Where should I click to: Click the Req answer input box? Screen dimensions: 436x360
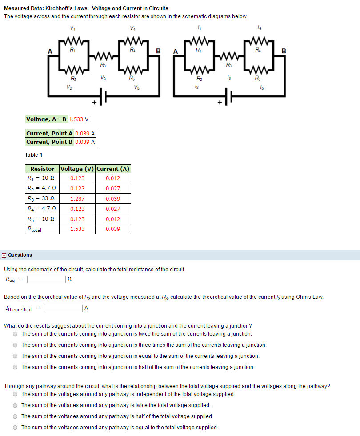tap(46, 280)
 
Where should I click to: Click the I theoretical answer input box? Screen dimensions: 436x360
tap(63, 308)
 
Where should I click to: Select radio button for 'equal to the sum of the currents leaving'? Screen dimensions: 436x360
tap(16, 356)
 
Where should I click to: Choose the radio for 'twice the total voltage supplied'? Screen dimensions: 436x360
tap(16, 405)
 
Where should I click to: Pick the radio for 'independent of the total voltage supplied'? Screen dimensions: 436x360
tap(16, 394)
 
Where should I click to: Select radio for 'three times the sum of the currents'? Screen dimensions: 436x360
tap(16, 345)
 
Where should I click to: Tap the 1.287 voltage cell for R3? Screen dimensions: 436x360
tap(77, 199)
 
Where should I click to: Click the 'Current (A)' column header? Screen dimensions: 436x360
tap(113, 169)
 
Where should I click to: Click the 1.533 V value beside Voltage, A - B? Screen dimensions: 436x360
tap(79, 119)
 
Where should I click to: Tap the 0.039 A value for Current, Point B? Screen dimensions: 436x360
tap(85, 142)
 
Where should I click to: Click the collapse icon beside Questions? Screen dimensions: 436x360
tap(4, 255)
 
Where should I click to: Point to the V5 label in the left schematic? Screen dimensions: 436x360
tap(137, 87)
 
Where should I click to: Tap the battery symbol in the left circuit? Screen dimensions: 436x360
tap(103, 97)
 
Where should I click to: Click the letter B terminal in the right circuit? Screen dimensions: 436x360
tap(284, 51)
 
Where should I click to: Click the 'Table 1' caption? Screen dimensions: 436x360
tap(34, 155)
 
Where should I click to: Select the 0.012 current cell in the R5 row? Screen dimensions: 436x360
tap(113, 219)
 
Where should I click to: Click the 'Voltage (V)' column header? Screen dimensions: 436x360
tap(77, 169)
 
